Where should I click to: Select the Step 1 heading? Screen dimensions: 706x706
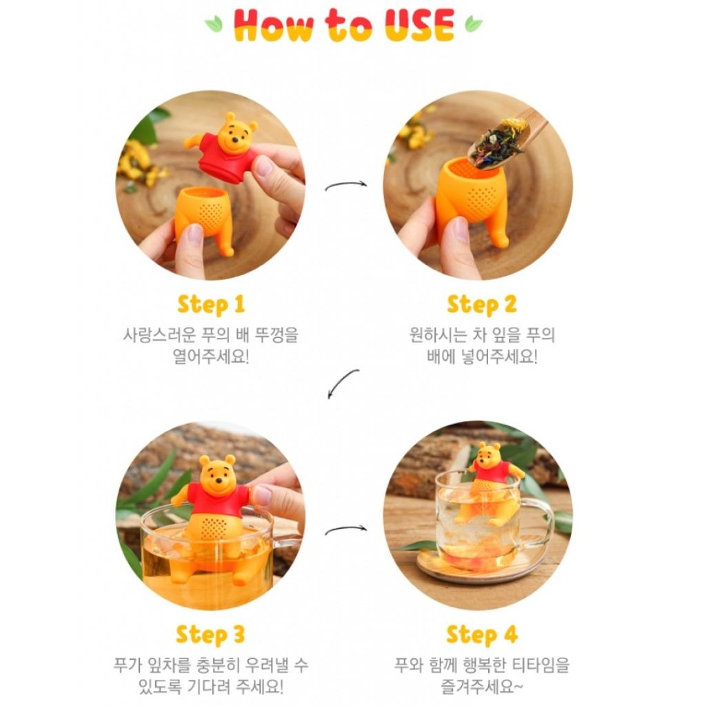pyautogui.click(x=211, y=305)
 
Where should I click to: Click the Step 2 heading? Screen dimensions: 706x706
pyautogui.click(x=481, y=305)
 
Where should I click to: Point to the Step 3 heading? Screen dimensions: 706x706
pyautogui.click(x=210, y=635)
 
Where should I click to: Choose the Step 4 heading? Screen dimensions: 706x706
pyautogui.click(x=482, y=635)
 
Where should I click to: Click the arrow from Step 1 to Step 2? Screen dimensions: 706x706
pyautogui.click(x=346, y=184)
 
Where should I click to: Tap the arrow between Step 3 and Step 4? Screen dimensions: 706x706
pyautogui.click(x=346, y=530)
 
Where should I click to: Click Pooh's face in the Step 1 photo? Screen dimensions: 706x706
pyautogui.click(x=235, y=135)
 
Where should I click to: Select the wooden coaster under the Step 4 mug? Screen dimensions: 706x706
pyautogui.click(x=477, y=569)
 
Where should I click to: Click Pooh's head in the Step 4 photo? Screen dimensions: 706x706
pyautogui.click(x=489, y=455)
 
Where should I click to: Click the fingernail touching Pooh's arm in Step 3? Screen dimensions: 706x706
pyautogui.click(x=261, y=495)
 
